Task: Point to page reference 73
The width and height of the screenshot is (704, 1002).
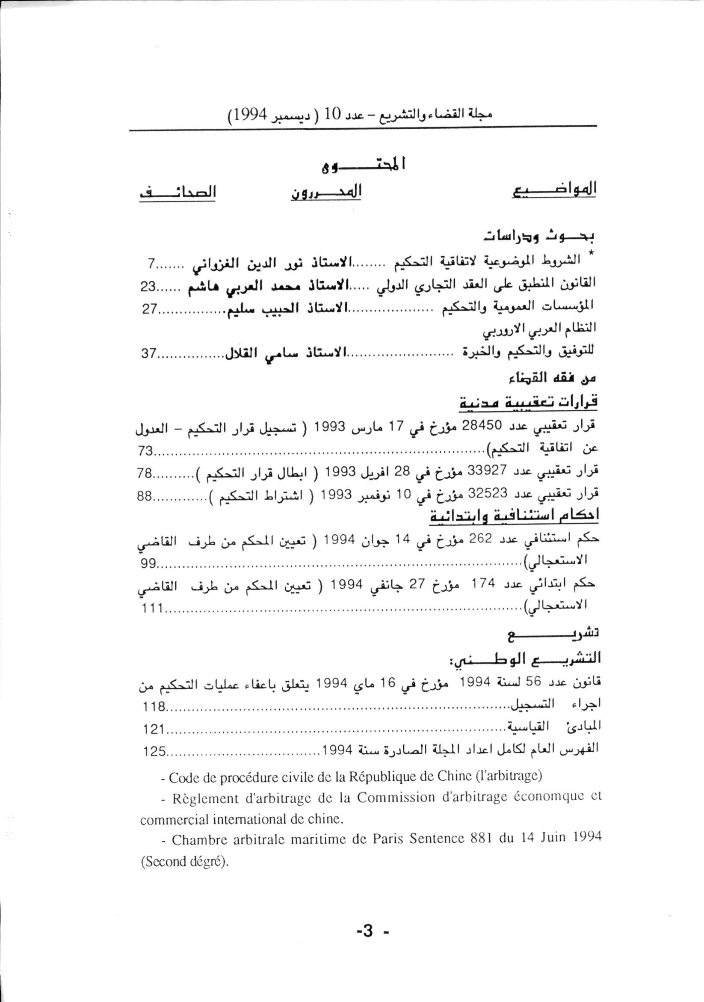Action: click(145, 451)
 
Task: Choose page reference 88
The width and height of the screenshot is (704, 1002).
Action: click(145, 497)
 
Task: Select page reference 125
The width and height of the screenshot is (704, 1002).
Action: click(154, 751)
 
